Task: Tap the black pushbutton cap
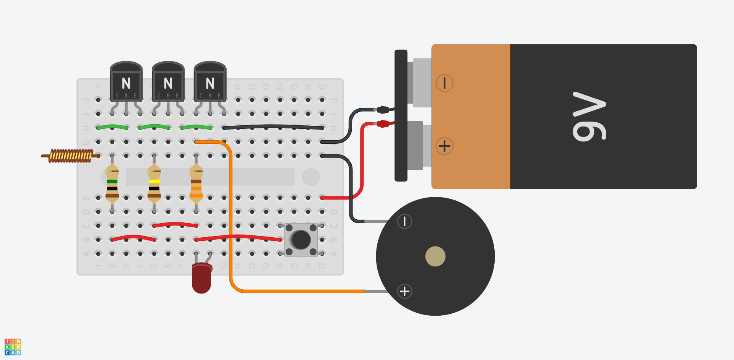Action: point(300,240)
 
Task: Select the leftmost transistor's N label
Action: point(126,83)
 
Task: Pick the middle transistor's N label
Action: point(168,83)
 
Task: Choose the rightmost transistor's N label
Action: point(210,83)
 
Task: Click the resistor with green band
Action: point(112,183)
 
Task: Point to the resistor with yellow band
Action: point(154,183)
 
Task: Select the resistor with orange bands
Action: point(196,183)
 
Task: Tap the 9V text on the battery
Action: point(589,116)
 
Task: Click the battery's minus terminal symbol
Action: point(445,83)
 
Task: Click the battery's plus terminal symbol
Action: point(445,146)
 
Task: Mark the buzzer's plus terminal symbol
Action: point(404,291)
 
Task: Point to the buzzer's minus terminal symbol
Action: point(404,221)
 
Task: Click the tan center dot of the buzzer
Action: point(435,256)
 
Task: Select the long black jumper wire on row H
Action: point(273,126)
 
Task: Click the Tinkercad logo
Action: point(13,347)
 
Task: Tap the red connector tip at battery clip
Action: point(383,123)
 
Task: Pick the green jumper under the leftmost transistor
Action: point(112,126)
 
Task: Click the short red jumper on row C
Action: point(175,224)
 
